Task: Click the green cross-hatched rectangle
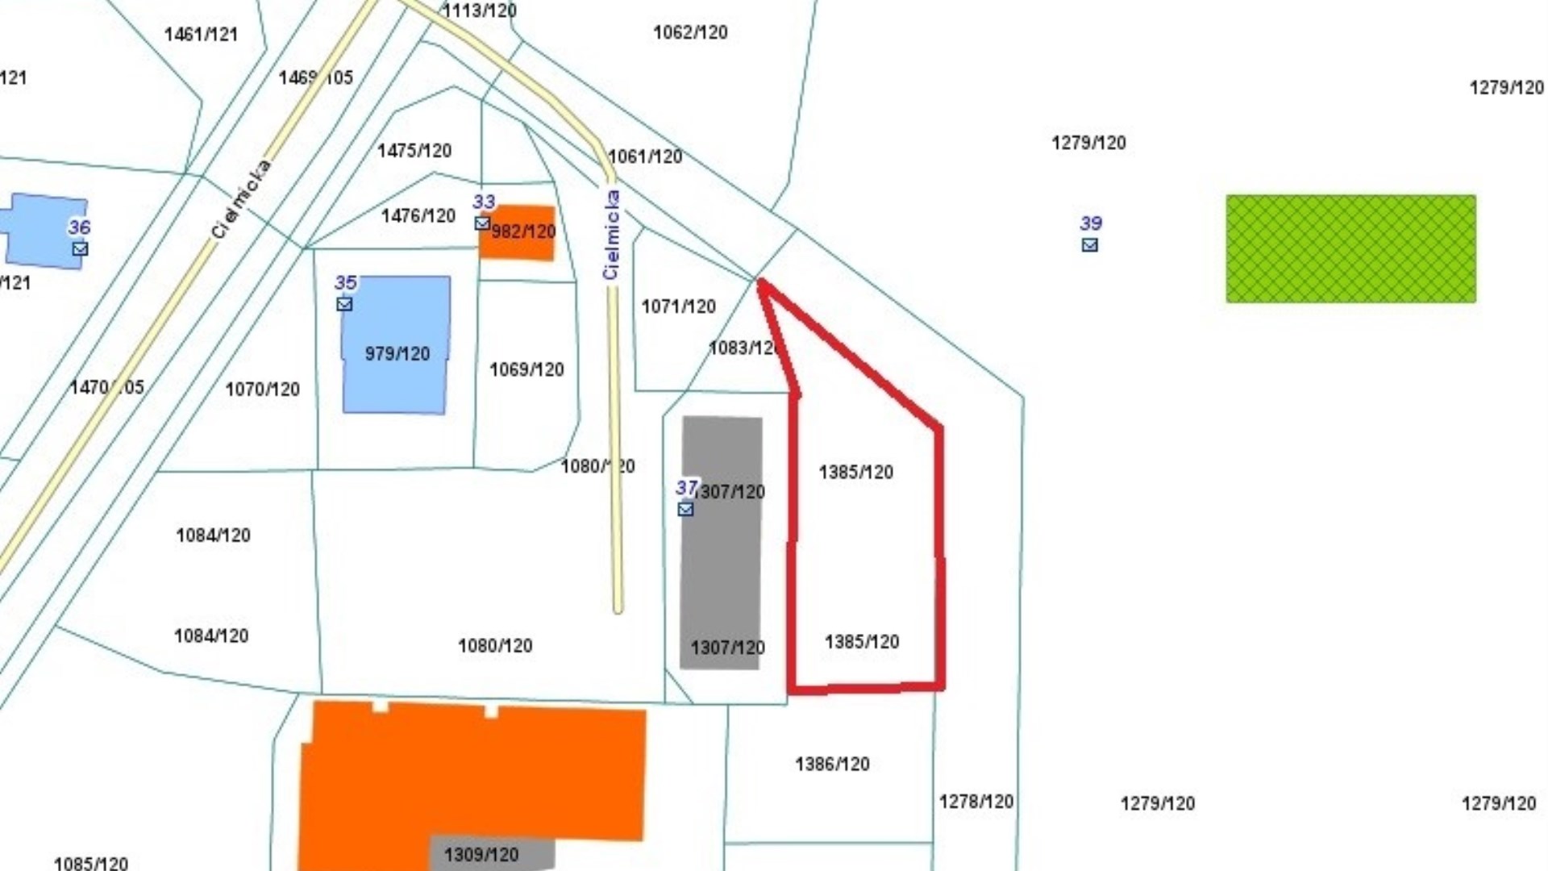coord(1350,249)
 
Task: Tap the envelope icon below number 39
coord(1089,245)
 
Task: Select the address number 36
coord(79,227)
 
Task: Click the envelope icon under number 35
coord(344,304)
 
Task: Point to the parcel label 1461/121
coord(201,35)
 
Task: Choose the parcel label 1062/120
coord(690,32)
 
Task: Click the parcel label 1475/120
coord(414,151)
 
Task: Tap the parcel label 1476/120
coord(418,216)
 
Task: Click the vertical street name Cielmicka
coord(612,235)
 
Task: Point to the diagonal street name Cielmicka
coord(241,199)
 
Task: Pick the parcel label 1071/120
coord(678,306)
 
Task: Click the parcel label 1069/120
coord(526,369)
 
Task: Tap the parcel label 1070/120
coord(262,390)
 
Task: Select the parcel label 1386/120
coord(832,764)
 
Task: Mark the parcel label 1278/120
coord(976,802)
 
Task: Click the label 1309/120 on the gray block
coord(481,855)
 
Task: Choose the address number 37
coord(685,488)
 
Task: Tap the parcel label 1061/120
coord(645,156)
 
